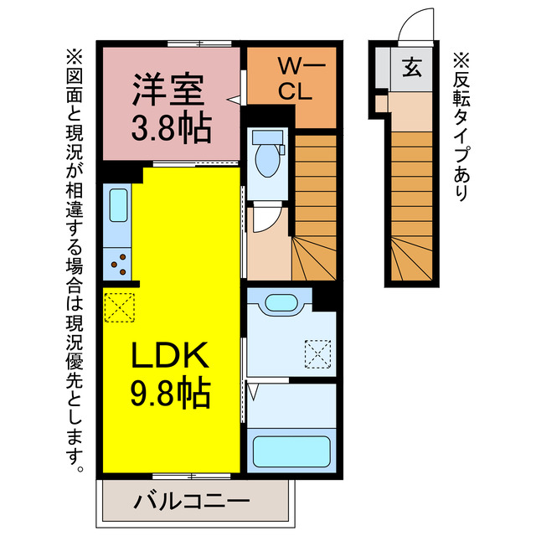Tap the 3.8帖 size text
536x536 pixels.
pyautogui.click(x=172, y=127)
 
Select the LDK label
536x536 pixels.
pyautogui.click(x=169, y=358)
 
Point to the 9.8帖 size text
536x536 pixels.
pyautogui.click(x=169, y=394)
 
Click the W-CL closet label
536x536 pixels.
pyautogui.click(x=295, y=79)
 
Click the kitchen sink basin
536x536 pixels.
pyautogui.click(x=116, y=206)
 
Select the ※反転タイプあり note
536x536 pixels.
pyautogui.click(x=462, y=126)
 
